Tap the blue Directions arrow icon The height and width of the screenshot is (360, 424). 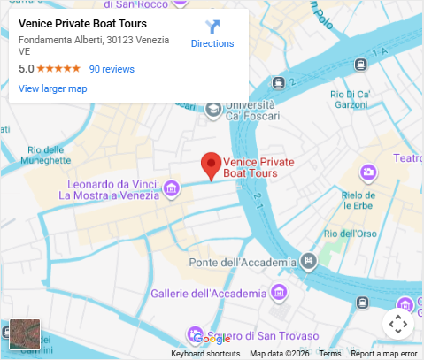point(212,27)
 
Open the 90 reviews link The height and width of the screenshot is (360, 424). point(112,68)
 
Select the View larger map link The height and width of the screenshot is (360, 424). point(52,88)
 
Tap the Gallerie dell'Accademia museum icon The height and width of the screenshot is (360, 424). point(280,293)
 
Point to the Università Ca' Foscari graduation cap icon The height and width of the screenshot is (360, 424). point(213,110)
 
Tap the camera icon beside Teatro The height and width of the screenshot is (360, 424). point(367,172)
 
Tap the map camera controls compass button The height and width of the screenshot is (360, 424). point(398,324)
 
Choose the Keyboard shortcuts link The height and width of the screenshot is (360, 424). point(205,354)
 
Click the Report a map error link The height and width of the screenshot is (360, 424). point(383,354)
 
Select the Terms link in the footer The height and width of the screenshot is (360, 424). point(330,354)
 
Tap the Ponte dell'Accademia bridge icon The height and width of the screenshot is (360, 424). point(308,262)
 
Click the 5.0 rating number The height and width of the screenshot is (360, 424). point(26,68)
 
